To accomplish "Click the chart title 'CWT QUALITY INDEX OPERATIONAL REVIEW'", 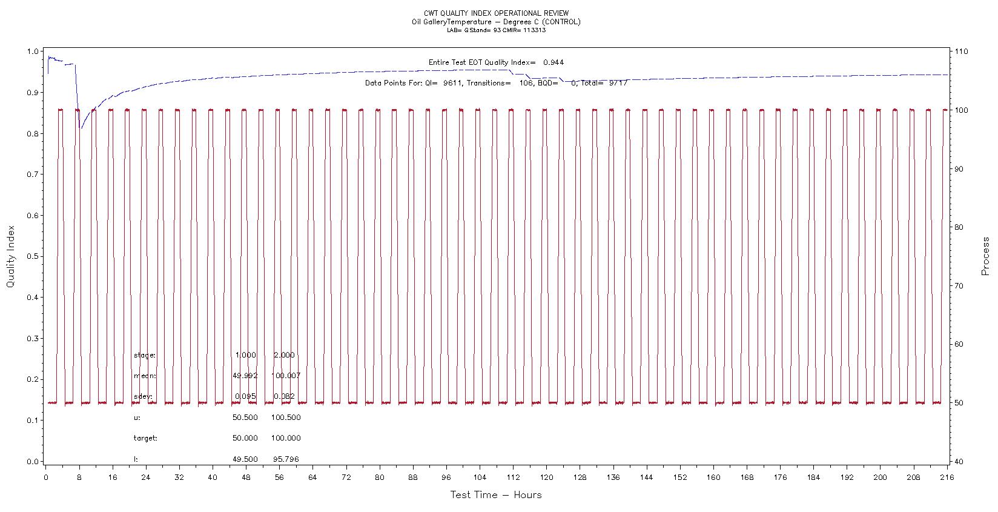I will point(496,13).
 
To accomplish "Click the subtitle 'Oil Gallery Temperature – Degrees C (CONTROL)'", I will point(496,22).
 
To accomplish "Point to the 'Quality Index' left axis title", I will point(10,256).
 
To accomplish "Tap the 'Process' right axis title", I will point(985,256).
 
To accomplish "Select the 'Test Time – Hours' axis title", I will point(495,495).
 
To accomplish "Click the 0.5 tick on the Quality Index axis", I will point(33,256).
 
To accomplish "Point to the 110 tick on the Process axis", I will point(961,52).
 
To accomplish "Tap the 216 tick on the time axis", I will point(946,477).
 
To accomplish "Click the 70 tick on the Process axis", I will point(959,285).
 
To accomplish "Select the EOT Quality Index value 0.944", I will point(554,62).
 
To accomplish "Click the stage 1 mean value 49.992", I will point(245,376).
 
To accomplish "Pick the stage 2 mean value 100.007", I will point(286,376).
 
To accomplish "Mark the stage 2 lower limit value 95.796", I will point(286,459).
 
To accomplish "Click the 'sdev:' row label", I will point(143,397).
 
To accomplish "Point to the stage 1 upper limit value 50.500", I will point(245,417).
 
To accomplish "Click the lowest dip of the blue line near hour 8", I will point(82,128).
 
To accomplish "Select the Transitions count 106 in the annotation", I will point(526,83).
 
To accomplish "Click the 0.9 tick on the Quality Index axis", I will point(33,93).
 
